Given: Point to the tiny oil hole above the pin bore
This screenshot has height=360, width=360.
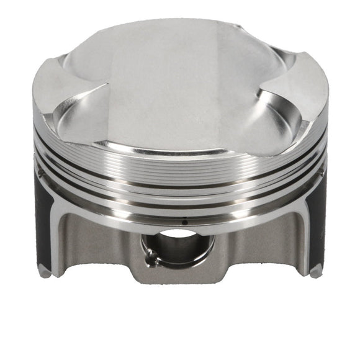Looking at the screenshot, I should pyautogui.click(x=184, y=221).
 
